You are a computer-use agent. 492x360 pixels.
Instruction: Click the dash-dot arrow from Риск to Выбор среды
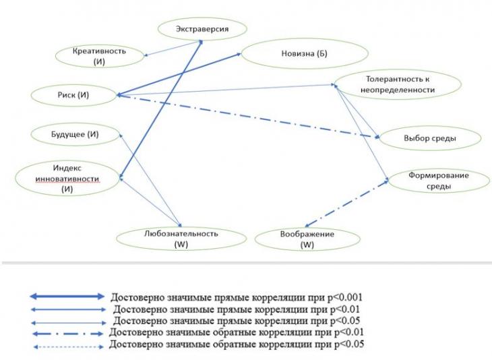pyautogui.click(x=248, y=116)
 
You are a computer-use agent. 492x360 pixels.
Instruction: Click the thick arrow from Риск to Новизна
pyautogui.click(x=179, y=74)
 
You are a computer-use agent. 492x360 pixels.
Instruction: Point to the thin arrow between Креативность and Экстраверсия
pyautogui.click(x=173, y=49)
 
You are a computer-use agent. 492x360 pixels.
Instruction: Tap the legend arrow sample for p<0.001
pyautogui.click(x=67, y=296)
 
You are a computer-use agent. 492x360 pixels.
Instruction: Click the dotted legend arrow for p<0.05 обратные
pyautogui.click(x=68, y=347)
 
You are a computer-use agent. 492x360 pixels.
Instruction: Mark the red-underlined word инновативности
pyautogui.click(x=67, y=179)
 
